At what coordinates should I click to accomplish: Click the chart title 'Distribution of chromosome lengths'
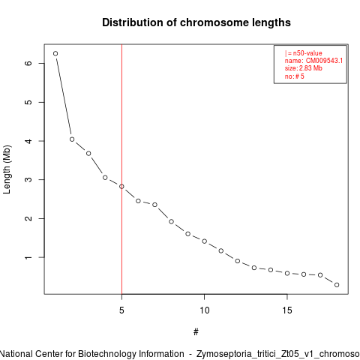(196, 22)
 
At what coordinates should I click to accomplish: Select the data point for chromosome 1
(55, 53)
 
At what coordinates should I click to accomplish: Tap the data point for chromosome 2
(72, 139)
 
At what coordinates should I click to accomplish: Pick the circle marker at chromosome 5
(121, 187)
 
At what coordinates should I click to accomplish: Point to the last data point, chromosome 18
(337, 285)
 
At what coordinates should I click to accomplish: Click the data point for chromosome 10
(204, 241)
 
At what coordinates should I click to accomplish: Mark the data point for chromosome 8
(171, 221)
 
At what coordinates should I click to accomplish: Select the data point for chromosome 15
(287, 273)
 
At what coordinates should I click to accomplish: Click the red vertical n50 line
(121, 169)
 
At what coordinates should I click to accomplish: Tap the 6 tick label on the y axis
(28, 63)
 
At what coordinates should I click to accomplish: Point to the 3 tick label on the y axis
(28, 179)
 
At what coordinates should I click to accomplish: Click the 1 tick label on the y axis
(28, 257)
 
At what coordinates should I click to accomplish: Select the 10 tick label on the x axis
(204, 310)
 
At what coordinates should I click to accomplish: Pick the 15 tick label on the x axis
(287, 310)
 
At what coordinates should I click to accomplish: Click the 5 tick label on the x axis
(121, 310)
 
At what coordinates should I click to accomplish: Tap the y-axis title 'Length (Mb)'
(7, 169)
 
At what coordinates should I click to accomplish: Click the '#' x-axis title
(196, 332)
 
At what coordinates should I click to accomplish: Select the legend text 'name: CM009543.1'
(313, 61)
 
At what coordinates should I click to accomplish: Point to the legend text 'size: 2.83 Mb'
(304, 68)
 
